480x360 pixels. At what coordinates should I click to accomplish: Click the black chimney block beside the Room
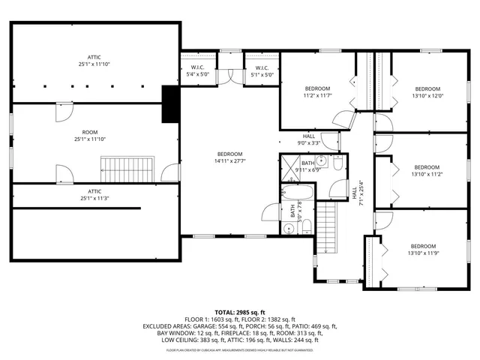[171, 104]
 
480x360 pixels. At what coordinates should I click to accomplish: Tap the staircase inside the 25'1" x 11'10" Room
[127, 169]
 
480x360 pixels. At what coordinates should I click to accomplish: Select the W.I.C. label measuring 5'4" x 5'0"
[198, 71]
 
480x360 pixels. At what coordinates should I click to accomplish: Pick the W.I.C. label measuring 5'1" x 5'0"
[257, 71]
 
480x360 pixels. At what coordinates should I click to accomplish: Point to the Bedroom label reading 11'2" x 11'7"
[317, 92]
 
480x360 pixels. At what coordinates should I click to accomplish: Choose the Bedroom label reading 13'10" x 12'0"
[427, 92]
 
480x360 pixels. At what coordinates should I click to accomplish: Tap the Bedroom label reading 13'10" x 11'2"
[427, 170]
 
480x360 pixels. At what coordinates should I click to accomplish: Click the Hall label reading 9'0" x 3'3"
[309, 139]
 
